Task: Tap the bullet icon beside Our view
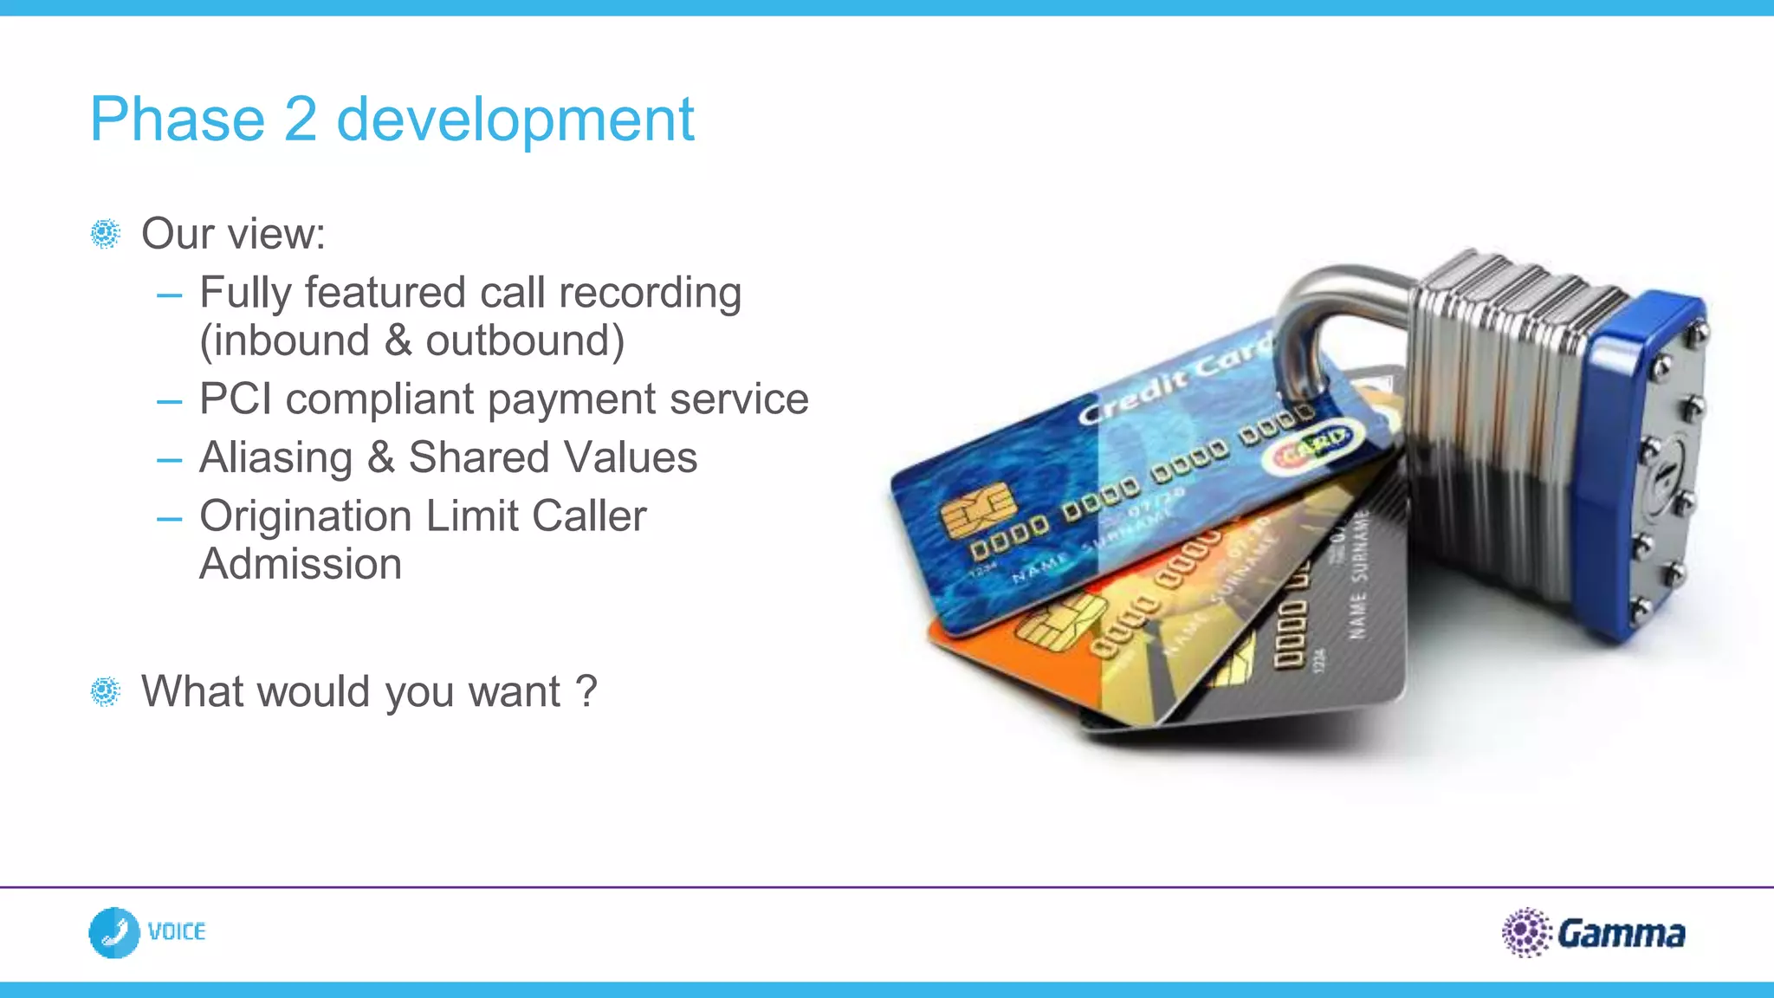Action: click(106, 234)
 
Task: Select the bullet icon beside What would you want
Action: click(106, 691)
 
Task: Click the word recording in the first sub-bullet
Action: click(650, 293)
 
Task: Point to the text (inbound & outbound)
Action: click(411, 340)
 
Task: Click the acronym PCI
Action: click(235, 399)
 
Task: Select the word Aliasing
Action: click(275, 457)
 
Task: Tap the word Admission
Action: click(301, 564)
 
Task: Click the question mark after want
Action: click(586, 691)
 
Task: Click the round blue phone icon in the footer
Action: click(114, 932)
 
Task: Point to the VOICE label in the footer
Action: click(177, 932)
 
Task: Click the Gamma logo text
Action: click(1621, 934)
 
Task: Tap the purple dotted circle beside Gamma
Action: click(1525, 932)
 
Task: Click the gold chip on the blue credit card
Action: click(977, 509)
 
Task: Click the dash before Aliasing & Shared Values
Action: click(169, 458)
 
